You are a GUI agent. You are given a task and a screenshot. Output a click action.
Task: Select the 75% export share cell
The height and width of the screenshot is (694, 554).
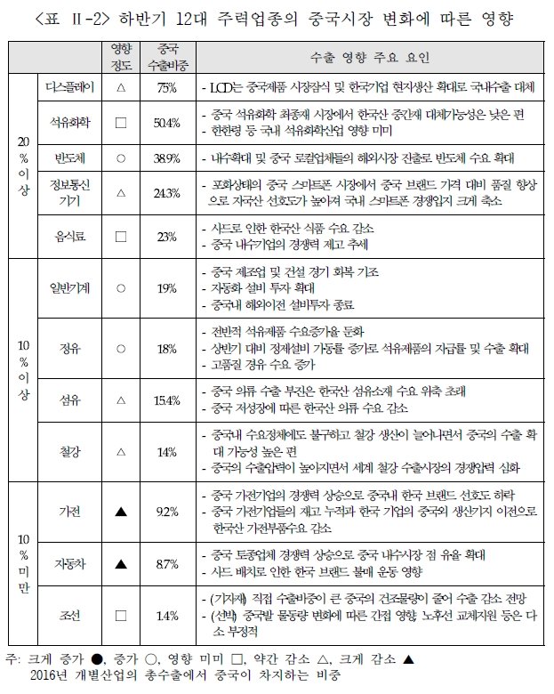click(x=167, y=88)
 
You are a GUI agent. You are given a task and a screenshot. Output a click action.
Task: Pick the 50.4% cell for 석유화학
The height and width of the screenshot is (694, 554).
click(x=167, y=123)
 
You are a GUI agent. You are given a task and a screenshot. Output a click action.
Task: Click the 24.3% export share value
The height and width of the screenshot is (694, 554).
click(x=167, y=193)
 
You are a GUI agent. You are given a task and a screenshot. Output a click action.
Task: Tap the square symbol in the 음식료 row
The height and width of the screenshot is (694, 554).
click(x=122, y=237)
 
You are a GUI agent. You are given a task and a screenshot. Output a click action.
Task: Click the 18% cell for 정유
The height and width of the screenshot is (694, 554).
click(x=167, y=350)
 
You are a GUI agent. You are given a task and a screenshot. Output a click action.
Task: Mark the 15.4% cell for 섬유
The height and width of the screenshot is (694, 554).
click(x=167, y=401)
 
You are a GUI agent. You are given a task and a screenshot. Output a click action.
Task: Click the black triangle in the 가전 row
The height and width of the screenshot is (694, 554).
click(x=122, y=512)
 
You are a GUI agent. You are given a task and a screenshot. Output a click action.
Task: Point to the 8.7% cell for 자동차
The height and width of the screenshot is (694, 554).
click(x=167, y=564)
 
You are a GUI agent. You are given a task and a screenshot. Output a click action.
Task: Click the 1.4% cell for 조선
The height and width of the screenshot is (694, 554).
click(x=167, y=615)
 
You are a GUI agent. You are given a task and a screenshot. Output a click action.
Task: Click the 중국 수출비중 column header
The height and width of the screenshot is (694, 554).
click(x=167, y=58)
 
